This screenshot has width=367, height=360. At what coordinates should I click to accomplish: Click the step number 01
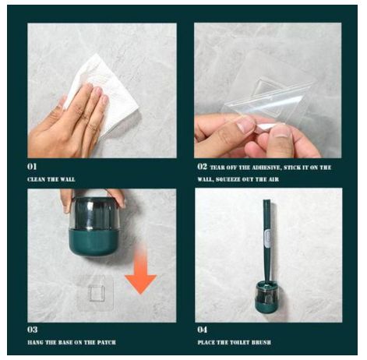32,167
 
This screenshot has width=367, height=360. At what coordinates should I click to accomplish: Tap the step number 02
202,167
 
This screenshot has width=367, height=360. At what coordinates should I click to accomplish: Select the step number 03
33,330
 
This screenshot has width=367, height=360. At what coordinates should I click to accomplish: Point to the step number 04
203,330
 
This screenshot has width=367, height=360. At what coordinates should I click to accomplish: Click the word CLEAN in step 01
36,179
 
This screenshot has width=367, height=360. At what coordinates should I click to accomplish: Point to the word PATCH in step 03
107,342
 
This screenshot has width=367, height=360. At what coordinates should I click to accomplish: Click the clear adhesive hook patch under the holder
96,293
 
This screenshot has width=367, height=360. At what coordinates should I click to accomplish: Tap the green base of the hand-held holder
94,242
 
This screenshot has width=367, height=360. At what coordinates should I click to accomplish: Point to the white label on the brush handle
268,238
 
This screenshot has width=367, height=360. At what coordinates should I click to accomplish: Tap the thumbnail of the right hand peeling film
282,130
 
